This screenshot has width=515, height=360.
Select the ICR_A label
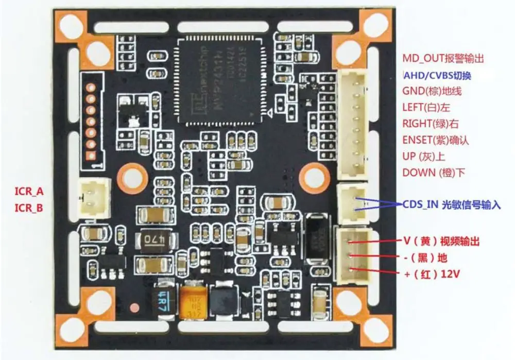[29, 192]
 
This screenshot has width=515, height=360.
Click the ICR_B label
[29, 208]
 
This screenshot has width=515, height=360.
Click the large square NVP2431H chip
[220, 78]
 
